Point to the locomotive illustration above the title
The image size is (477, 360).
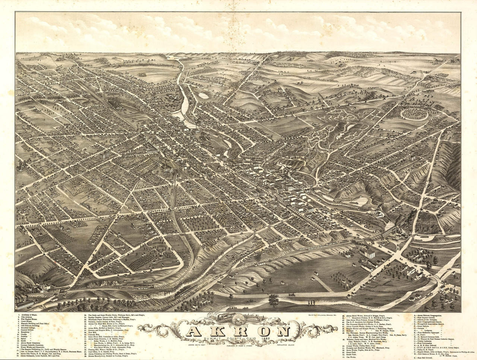[223, 317]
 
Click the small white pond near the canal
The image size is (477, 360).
[204, 96]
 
